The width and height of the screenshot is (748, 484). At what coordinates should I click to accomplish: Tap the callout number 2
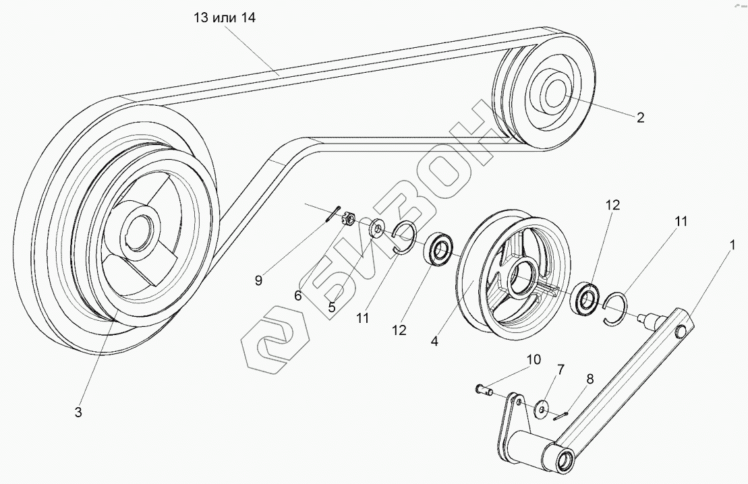pos(640,117)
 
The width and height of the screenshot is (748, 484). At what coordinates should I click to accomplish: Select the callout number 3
pos(78,412)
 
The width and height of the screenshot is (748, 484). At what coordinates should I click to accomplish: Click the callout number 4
pos(434,341)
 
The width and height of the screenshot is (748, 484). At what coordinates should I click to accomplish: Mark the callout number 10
pos(534,360)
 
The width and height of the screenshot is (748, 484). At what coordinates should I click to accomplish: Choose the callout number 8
pos(589,379)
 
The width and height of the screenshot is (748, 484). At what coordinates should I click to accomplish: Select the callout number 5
pos(331,305)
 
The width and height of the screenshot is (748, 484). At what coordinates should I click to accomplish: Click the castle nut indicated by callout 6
pos(349,219)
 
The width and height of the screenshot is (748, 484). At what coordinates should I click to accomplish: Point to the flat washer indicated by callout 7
pos(540,409)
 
